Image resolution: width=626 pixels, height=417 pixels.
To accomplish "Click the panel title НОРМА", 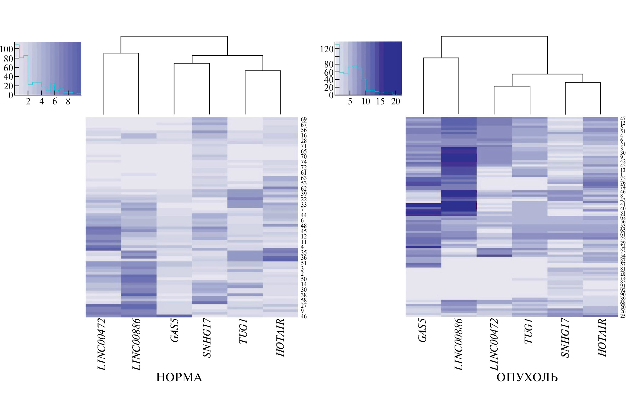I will coord(179,377).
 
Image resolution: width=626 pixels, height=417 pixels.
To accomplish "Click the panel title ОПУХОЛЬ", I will coord(527,377).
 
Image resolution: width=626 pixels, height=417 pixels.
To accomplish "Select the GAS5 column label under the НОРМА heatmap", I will coord(175,330).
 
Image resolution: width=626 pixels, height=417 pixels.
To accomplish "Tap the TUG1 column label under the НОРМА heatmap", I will coord(244,331).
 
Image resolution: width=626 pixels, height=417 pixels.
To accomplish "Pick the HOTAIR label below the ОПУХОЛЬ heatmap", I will coord(602,337).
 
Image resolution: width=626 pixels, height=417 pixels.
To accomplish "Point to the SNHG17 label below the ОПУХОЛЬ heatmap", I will coord(565,338).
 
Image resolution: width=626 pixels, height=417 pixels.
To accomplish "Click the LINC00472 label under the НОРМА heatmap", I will coord(102,344).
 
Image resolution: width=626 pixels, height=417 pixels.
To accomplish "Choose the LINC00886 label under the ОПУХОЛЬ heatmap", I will coord(459,344).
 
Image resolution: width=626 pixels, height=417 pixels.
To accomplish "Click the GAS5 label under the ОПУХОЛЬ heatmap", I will coord(422,330).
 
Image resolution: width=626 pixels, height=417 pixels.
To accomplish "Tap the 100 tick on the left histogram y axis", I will coord(6,49).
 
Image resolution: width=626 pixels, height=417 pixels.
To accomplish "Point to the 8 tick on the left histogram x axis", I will coord(68,102).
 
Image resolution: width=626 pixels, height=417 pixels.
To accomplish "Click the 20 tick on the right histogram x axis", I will coord(396,102).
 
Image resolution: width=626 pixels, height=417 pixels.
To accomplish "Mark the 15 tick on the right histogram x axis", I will coord(380,102).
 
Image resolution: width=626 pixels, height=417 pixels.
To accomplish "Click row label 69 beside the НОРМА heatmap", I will coord(303,120).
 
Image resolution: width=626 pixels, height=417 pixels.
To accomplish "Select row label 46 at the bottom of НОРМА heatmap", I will coord(303,316).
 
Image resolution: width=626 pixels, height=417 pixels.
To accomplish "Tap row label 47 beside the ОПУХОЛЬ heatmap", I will coord(623,119).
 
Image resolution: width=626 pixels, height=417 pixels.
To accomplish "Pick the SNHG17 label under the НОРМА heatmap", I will coord(207,338).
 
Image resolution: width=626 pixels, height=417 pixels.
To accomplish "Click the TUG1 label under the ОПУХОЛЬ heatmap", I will coord(528,331).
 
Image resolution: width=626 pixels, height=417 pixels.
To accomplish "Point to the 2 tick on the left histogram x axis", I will coord(28,102).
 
